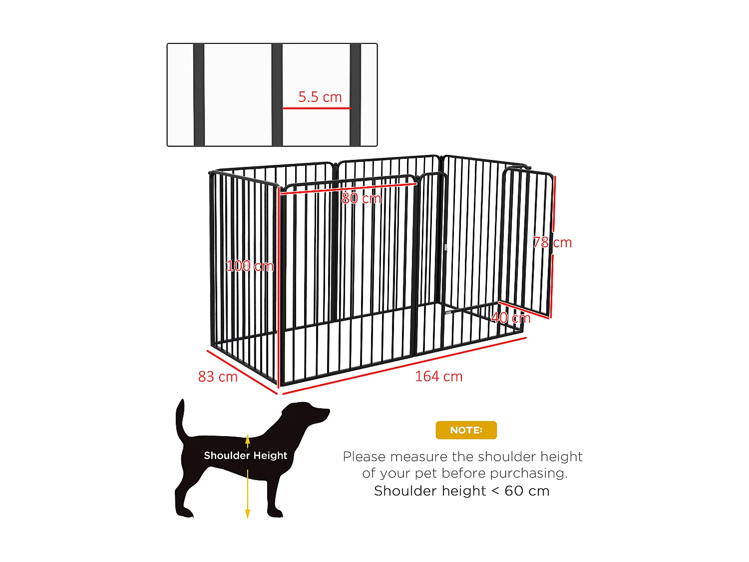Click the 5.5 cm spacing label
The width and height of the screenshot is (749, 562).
click(x=320, y=97)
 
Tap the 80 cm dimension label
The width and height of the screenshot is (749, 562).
click(x=362, y=199)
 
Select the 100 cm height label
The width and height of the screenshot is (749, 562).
click(x=250, y=266)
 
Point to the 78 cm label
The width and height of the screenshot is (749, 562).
click(x=552, y=243)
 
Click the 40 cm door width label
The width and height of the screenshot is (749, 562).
click(x=511, y=318)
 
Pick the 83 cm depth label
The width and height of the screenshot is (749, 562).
click(x=218, y=377)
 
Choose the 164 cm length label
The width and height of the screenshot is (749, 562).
click(x=439, y=377)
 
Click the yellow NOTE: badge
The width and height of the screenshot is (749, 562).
click(x=466, y=430)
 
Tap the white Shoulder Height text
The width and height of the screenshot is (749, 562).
click(x=245, y=456)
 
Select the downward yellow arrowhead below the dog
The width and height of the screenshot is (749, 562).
click(x=247, y=514)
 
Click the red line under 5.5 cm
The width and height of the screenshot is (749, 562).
click(x=317, y=108)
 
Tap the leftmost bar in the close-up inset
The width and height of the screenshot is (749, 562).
click(x=199, y=95)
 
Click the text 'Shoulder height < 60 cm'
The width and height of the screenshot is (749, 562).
click(x=461, y=491)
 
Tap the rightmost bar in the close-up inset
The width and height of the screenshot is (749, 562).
click(x=355, y=95)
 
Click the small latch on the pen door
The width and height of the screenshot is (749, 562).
click(x=445, y=247)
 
